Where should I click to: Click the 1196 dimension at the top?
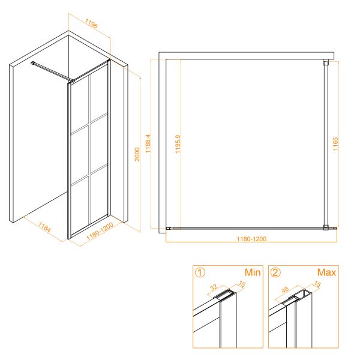(91, 23)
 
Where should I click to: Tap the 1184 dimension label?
(44, 227)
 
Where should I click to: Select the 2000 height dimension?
(137, 154)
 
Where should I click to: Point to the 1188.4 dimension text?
(148, 143)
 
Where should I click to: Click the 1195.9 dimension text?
(178, 144)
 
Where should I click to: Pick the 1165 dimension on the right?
(335, 144)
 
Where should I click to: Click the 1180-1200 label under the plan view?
(251, 239)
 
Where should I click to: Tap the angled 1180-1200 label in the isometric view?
(100, 231)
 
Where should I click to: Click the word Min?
(253, 272)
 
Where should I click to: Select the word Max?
(326, 272)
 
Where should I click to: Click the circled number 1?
(200, 272)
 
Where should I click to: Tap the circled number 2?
(275, 272)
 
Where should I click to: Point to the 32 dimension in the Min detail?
(214, 287)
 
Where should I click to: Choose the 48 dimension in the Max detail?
(285, 289)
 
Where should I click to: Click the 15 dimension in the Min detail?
(242, 284)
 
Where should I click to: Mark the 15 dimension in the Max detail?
(317, 284)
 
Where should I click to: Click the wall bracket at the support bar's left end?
(32, 63)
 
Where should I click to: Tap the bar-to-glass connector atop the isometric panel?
(72, 81)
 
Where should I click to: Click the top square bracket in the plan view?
(326, 62)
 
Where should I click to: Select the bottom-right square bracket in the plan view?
(326, 227)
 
